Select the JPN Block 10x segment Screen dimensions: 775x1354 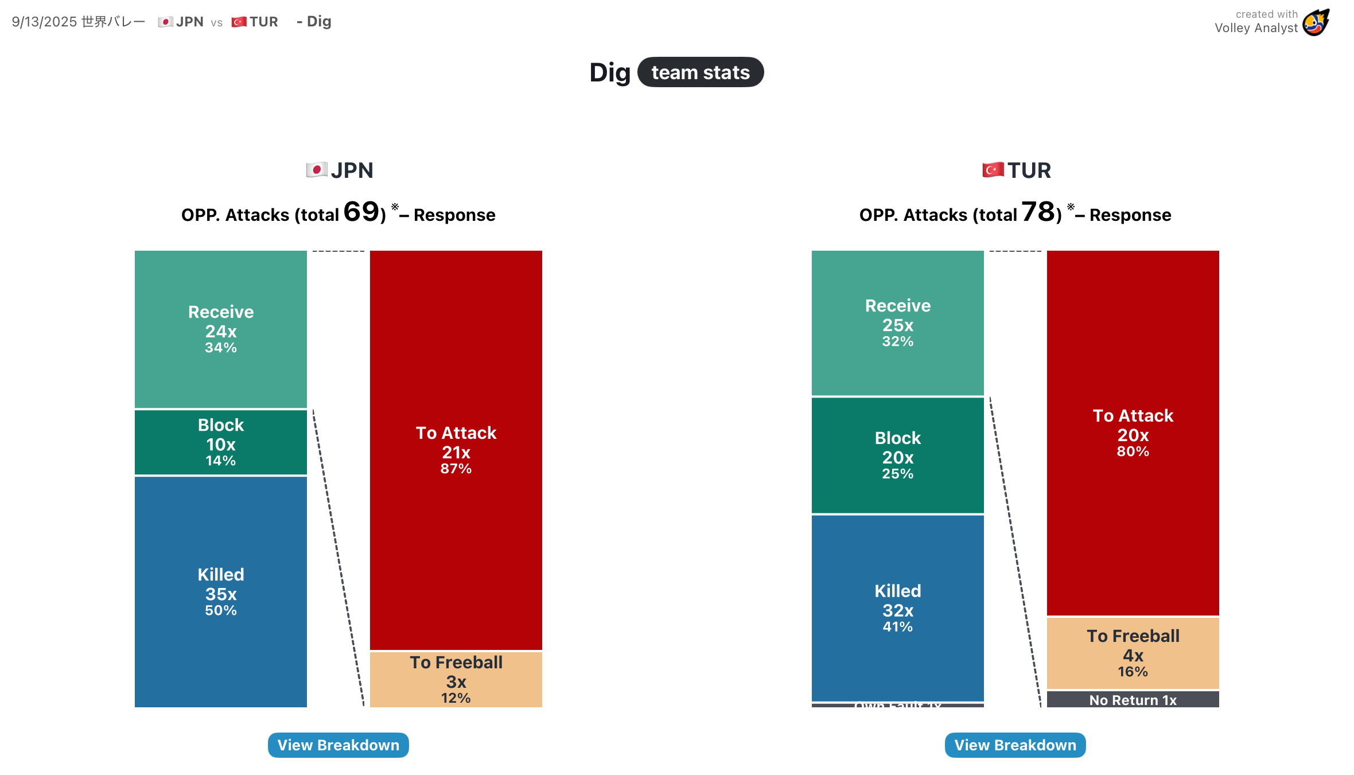tap(221, 442)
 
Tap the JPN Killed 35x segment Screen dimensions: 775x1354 tap(221, 591)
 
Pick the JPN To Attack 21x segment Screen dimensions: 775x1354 tap(456, 450)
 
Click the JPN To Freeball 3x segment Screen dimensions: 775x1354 tap(456, 680)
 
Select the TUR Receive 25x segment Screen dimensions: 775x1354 tap(898, 322)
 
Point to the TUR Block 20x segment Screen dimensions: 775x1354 tap(898, 455)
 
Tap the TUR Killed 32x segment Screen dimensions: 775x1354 tap(898, 608)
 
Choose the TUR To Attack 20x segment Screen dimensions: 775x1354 tap(1133, 433)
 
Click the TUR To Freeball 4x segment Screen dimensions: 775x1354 tap(1133, 653)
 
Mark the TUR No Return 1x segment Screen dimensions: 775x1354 tap(1133, 700)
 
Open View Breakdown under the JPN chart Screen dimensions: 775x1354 tap(338, 745)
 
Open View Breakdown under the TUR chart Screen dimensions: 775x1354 tap(1015, 745)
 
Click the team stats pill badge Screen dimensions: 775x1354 tap(701, 72)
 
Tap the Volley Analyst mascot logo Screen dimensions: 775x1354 tap(1316, 23)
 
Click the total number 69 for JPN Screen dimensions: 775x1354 tap(361, 212)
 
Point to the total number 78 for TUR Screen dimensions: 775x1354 tap(1038, 212)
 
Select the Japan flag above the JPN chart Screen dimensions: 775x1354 tap(316, 170)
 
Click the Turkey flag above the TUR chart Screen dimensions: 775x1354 tap(993, 170)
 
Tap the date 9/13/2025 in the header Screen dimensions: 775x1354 tap(44, 22)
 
